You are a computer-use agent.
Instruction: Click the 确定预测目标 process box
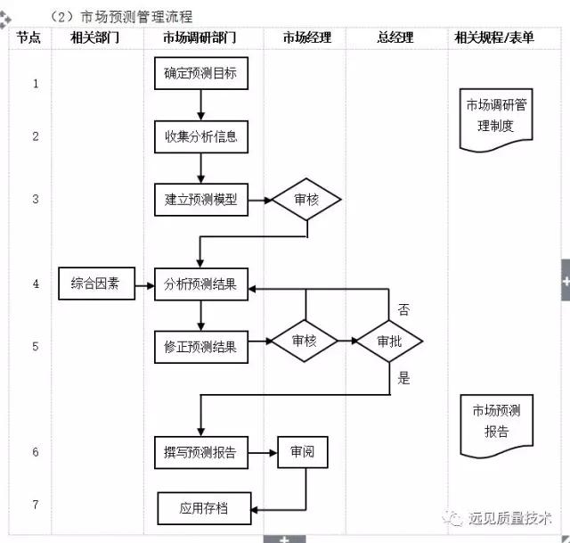tap(200, 74)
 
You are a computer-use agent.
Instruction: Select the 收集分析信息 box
tap(200, 137)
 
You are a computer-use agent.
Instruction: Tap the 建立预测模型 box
tap(200, 200)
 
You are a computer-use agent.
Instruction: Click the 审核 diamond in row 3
tap(306, 200)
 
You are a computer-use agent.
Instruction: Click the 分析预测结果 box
tap(200, 284)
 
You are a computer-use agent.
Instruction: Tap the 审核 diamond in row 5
tap(305, 341)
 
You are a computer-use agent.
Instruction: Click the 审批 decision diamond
tap(388, 341)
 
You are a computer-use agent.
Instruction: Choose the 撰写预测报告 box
tap(200, 452)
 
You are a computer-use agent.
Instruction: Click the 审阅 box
tap(302, 452)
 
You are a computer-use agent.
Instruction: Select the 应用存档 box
tap(204, 508)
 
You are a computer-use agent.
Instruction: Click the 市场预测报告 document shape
tap(496, 421)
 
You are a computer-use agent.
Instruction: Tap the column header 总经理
tap(395, 37)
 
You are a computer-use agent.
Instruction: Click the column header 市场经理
tap(306, 37)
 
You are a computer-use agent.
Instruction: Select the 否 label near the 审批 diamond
tap(403, 310)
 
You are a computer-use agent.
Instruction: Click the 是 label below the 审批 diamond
tap(403, 378)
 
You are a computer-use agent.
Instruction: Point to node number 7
tap(36, 505)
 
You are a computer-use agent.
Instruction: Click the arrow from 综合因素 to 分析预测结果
tap(142, 284)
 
